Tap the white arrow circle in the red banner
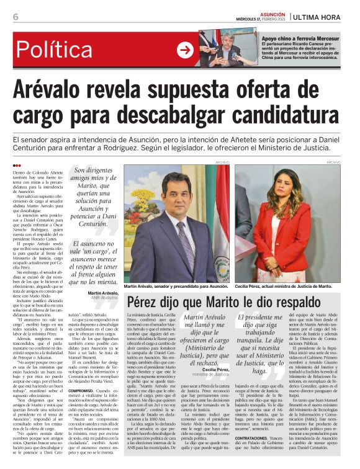185,50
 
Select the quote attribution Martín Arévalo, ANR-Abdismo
104,277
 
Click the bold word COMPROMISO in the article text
81,390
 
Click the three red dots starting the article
16,165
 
